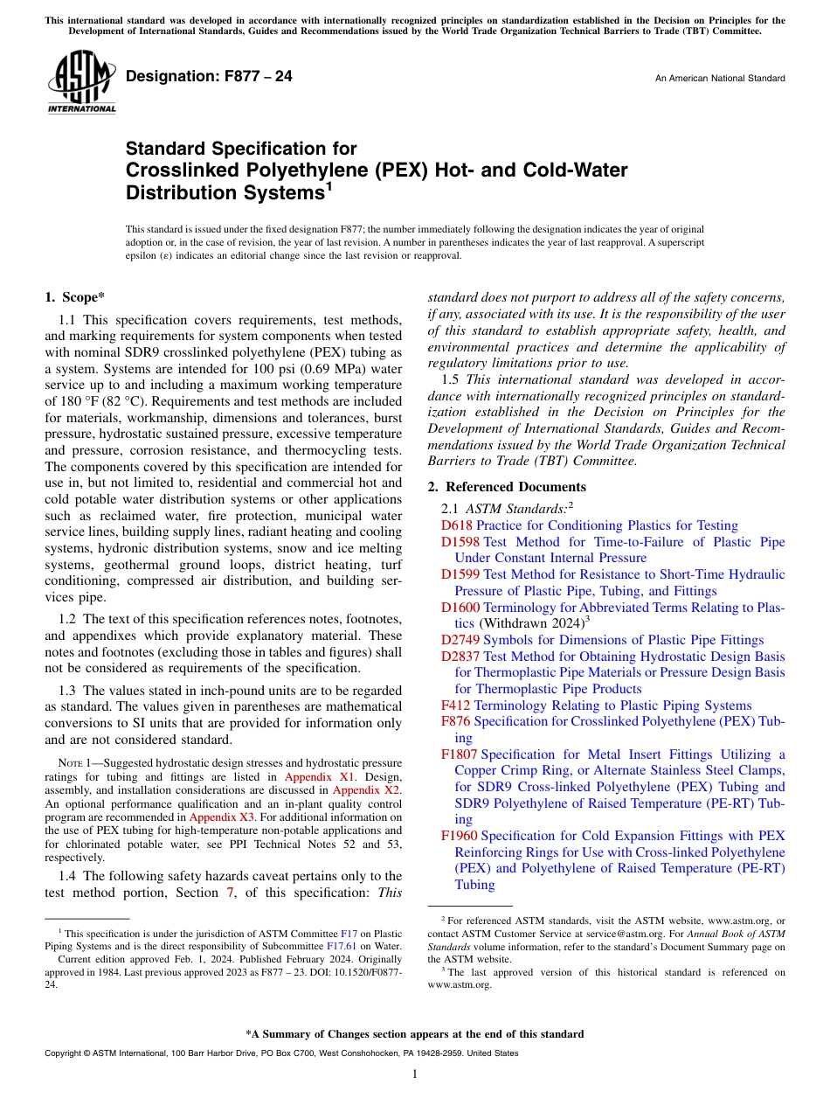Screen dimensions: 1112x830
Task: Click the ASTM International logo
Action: pyautogui.click(x=81, y=84)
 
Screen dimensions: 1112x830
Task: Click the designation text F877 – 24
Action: pyautogui.click(x=210, y=77)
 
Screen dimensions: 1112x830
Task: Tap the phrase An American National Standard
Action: pyautogui.click(x=719, y=79)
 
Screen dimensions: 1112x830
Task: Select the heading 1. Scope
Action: pyautogui.click(x=77, y=297)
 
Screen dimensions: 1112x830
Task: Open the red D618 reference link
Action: pyautogui.click(x=457, y=525)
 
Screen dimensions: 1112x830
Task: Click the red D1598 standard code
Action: pyautogui.click(x=460, y=542)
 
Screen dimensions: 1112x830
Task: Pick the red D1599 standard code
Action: pyautogui.click(x=460, y=574)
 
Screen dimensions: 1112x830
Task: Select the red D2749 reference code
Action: pyautogui.click(x=460, y=640)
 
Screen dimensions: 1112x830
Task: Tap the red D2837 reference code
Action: pyautogui.click(x=460, y=657)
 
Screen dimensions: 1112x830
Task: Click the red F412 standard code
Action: pyautogui.click(x=456, y=705)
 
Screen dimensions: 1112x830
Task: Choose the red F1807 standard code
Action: pyautogui.click(x=460, y=754)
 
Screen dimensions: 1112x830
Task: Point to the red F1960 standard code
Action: pyautogui.click(x=460, y=836)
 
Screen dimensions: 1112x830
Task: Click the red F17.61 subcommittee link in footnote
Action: pyautogui.click(x=341, y=945)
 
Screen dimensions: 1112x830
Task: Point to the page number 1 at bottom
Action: pyautogui.click(x=415, y=1074)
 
